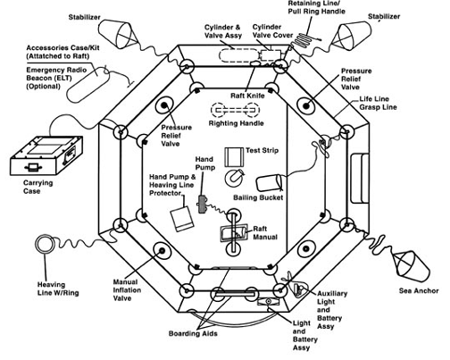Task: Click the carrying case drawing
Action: (46, 156)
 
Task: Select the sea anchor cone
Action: (412, 266)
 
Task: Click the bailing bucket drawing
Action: (270, 183)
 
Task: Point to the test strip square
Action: (234, 157)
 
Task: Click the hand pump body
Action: (203, 204)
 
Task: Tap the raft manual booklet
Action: (234, 233)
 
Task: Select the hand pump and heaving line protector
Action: (182, 219)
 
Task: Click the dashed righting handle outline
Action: (235, 110)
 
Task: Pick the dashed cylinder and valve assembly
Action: (239, 55)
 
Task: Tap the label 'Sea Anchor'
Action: (419, 291)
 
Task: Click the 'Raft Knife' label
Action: (247, 96)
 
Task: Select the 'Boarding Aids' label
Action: (193, 333)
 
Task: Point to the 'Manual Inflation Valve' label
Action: (126, 289)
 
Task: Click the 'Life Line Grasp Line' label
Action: (378, 103)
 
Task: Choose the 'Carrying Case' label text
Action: (37, 187)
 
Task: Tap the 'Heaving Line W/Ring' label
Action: (58, 289)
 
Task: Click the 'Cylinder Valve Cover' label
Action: (272, 31)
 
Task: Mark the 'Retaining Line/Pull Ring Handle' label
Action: (316, 8)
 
